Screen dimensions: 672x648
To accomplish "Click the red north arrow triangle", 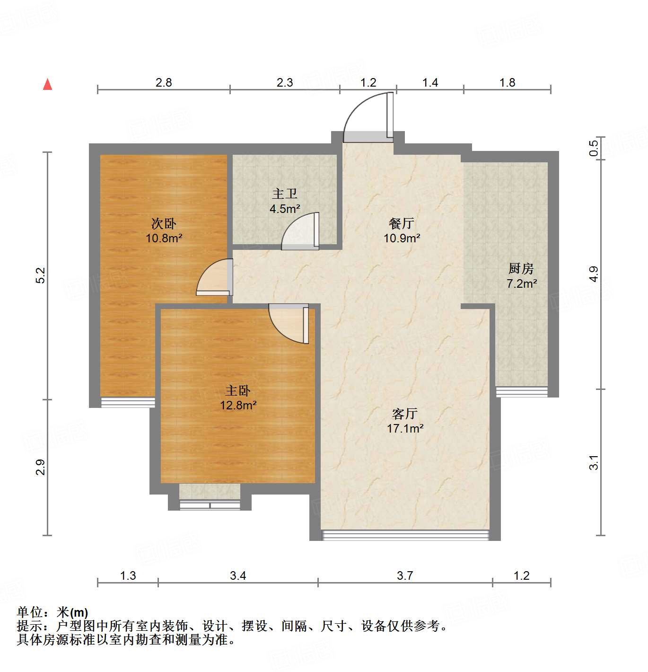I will point(47,84).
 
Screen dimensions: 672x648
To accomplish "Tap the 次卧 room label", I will point(164,223).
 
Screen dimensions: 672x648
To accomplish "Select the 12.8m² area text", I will point(238,405).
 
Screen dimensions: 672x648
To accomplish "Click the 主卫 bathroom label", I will point(285,194).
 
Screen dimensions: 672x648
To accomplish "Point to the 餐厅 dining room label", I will point(402,223).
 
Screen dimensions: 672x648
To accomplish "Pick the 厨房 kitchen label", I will point(521,268).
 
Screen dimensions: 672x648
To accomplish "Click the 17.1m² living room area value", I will point(405,428).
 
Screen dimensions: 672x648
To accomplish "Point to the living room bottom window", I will point(405,535).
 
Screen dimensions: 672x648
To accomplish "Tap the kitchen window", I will point(521,392).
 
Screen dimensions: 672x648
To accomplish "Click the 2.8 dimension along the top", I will point(164,82).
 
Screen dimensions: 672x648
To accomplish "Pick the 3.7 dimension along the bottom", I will point(405,575).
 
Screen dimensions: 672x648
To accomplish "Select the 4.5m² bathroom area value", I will point(285,209).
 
